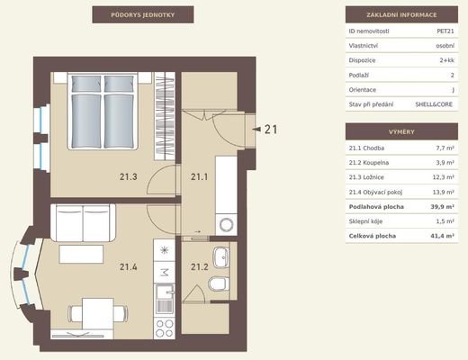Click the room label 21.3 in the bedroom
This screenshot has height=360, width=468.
(129, 176)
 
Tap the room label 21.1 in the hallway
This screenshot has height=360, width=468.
(200, 176)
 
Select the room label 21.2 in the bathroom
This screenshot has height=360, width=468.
(200, 266)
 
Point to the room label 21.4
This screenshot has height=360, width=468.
(129, 266)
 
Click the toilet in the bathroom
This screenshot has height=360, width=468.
(219, 283)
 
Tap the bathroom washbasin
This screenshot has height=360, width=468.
(221, 257)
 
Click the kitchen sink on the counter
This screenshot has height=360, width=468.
(165, 299)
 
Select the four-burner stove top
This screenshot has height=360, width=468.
(165, 328)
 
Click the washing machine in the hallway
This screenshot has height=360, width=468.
(226, 224)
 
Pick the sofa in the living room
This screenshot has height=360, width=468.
(83, 223)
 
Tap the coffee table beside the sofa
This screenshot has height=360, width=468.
(81, 254)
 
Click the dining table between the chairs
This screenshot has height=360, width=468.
(98, 313)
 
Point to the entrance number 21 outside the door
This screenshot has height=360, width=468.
(271, 130)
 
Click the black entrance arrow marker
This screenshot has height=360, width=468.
(256, 129)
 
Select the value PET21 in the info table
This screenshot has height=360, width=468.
(445, 31)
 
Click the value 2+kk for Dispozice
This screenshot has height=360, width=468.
(447, 60)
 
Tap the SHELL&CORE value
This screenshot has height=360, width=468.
(434, 104)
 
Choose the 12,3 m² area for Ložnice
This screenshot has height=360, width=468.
(443, 177)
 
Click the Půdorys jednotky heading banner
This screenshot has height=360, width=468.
(143, 14)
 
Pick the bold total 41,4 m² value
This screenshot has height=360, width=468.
(442, 236)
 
